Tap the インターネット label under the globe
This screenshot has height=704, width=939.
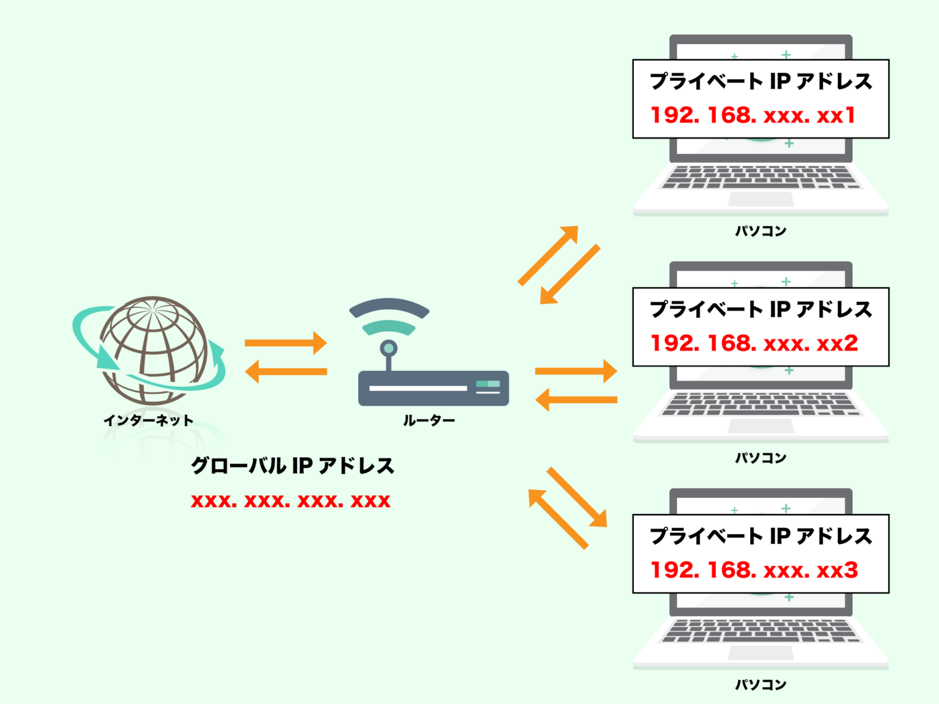point(149,420)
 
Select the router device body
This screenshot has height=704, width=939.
point(433,388)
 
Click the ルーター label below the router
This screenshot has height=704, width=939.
point(429,420)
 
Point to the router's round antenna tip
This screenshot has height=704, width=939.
point(388,348)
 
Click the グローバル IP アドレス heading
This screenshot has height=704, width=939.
point(292,466)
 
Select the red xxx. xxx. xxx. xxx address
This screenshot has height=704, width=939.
point(290,501)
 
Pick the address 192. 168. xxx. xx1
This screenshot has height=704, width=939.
point(753,115)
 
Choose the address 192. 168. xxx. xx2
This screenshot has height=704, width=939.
point(754,343)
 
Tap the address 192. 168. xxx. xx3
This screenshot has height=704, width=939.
point(754,570)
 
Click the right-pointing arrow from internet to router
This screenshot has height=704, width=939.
point(285,343)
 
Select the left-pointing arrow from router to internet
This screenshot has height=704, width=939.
point(285,372)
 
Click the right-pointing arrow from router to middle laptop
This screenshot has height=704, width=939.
point(576,371)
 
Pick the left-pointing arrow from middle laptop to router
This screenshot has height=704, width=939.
point(576,400)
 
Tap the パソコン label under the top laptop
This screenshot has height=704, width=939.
point(760,231)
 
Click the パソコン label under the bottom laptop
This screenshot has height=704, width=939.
point(760,684)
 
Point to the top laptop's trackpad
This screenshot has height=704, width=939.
point(760,199)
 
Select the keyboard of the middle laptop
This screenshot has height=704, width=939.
point(760,404)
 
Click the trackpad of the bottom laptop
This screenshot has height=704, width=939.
point(760,653)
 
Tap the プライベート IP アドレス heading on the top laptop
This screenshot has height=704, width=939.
point(760,81)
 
